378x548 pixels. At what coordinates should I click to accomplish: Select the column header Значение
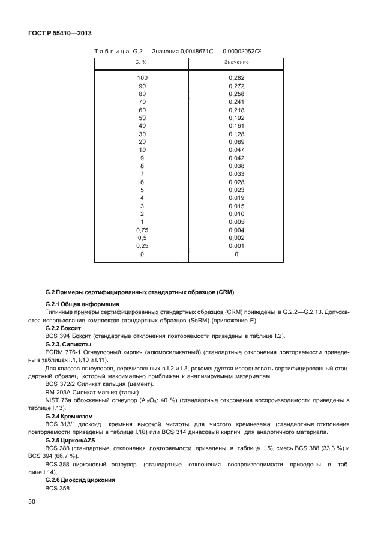236,62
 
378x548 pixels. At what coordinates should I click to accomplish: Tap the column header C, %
142,62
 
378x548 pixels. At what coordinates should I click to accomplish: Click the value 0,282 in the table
236,78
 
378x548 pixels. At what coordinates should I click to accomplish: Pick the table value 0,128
236,134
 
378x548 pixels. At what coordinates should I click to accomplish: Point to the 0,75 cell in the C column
142,230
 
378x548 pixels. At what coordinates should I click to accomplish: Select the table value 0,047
236,149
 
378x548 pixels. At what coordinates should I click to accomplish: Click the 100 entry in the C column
142,78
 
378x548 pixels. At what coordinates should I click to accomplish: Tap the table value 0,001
236,246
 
